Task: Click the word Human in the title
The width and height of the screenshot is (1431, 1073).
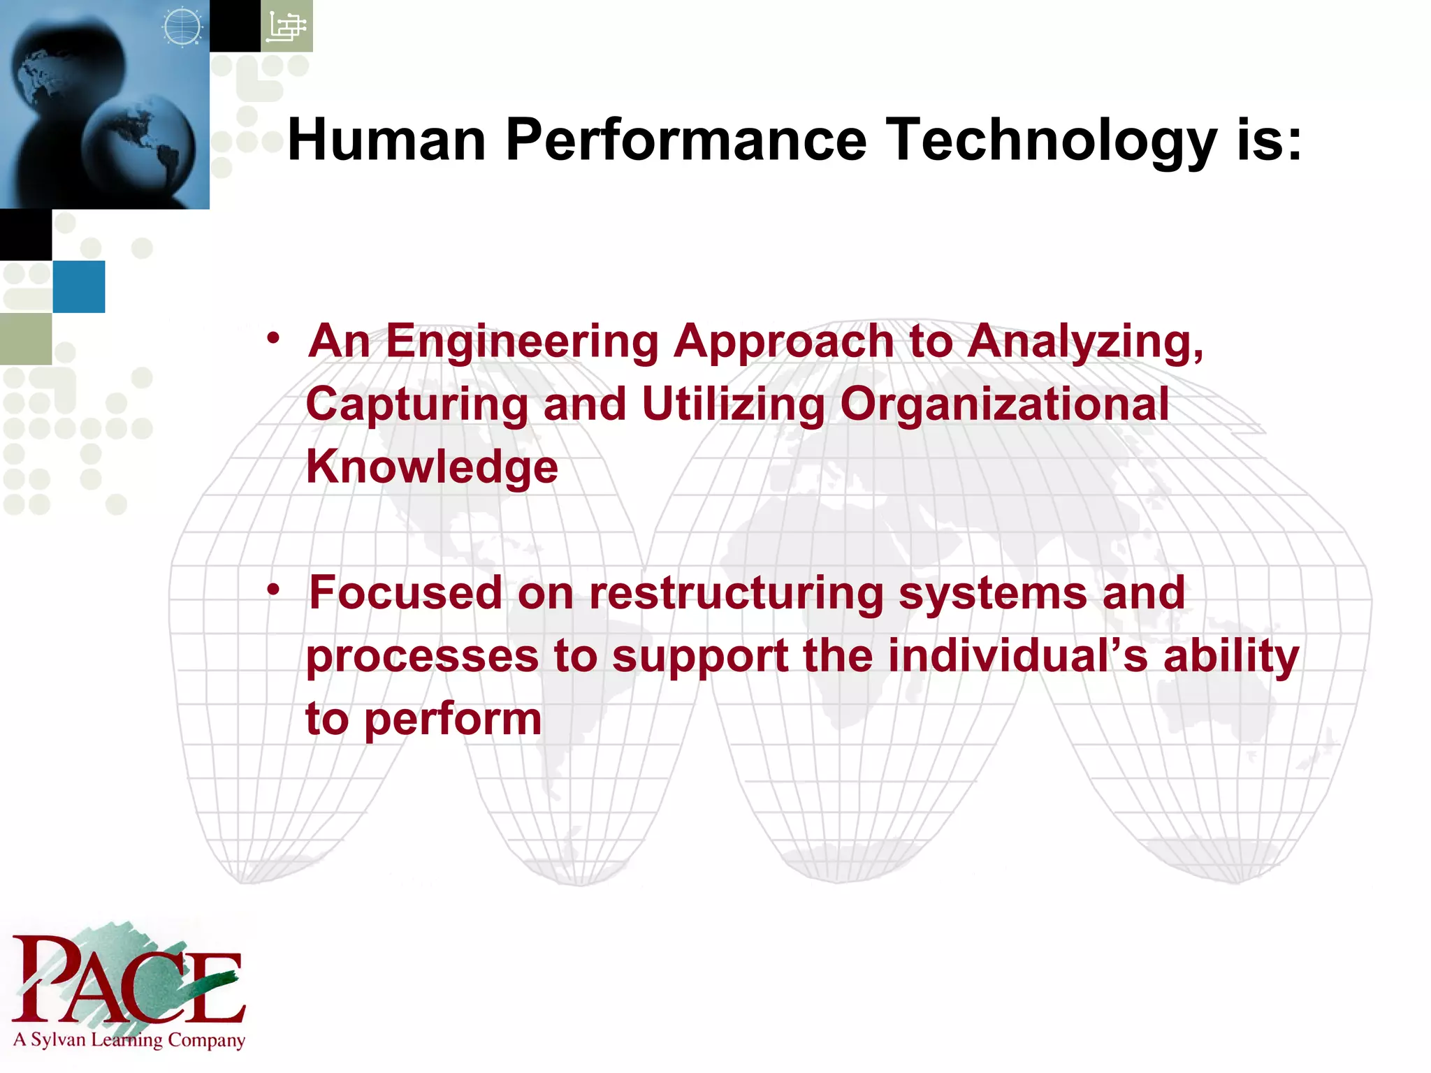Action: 386,140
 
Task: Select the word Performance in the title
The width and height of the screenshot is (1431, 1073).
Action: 685,140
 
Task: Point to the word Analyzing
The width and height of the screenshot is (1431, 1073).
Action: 1085,342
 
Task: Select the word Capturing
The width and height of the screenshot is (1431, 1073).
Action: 417,404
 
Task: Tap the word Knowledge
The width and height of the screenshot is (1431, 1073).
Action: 432,467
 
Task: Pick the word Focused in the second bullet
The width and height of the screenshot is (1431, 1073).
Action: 405,592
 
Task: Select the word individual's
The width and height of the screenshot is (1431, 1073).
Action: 1017,656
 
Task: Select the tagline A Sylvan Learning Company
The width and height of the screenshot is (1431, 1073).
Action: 129,1039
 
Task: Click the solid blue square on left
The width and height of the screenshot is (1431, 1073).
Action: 78,286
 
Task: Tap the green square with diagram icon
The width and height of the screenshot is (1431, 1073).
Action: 286,26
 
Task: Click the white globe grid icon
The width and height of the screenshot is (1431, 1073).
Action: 182,27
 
